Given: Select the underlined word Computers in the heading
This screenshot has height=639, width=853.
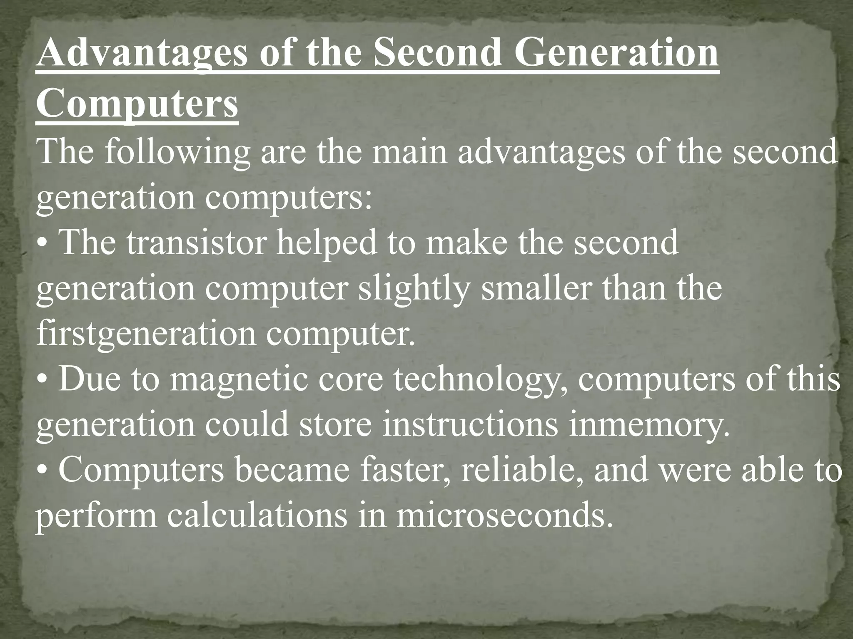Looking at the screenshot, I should (137, 104).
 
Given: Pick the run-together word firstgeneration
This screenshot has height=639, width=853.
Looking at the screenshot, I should (146, 334).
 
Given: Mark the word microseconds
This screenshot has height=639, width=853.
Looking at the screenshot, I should (504, 516).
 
